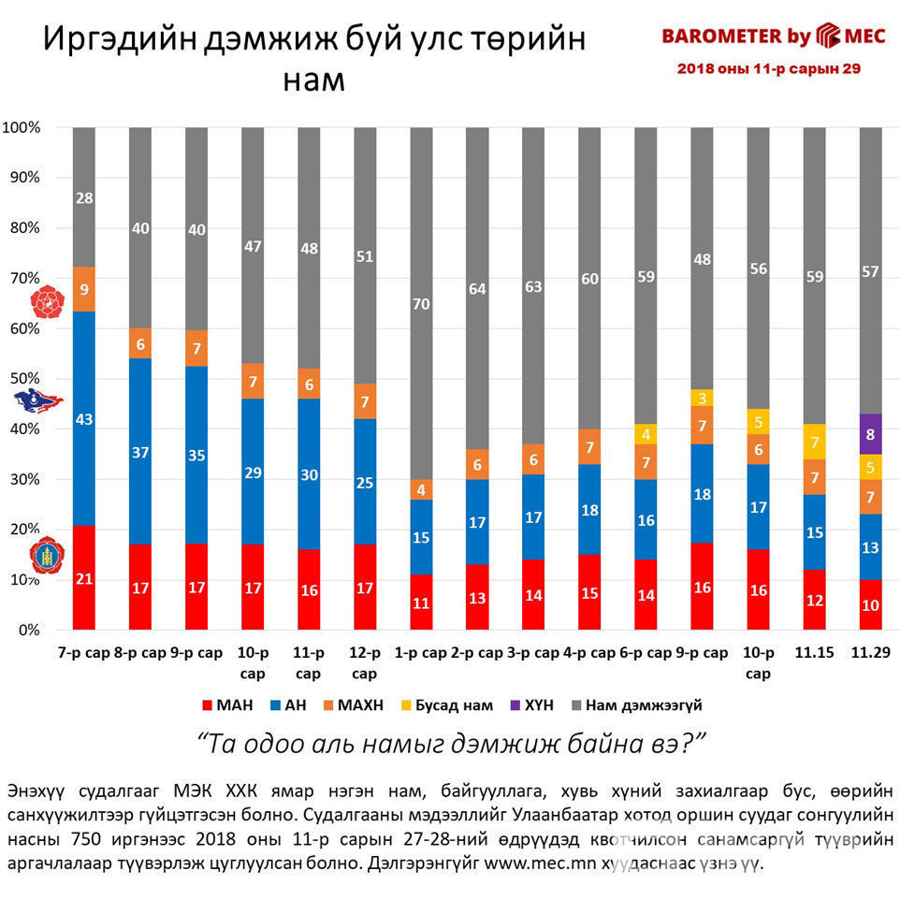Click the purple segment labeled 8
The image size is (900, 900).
coord(870,434)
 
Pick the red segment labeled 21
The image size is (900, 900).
coord(84,577)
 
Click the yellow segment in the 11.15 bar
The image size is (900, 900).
coord(814,442)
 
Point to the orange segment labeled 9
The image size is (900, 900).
coord(84,289)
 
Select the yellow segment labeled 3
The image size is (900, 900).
coord(702,398)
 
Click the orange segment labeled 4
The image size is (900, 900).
coord(421,489)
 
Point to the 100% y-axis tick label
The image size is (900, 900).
coord(22,127)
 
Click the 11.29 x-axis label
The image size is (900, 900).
coord(870,654)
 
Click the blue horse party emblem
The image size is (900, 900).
coord(37,401)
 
